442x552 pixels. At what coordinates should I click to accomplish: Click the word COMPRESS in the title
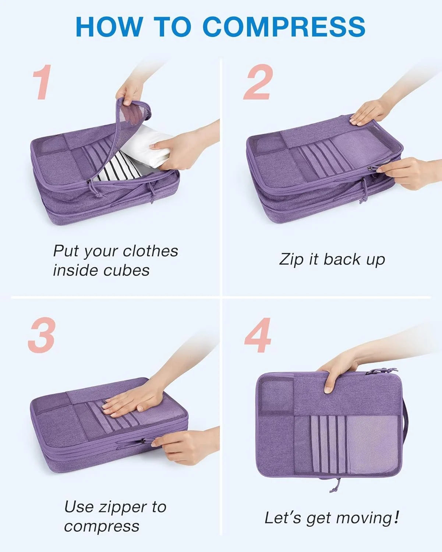[284, 26]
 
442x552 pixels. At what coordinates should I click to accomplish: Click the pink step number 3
[42, 335]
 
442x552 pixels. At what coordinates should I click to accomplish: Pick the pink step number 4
[258, 335]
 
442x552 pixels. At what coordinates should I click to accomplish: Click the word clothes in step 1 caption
[150, 251]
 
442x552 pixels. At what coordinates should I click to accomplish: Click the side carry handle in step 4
[405, 428]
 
